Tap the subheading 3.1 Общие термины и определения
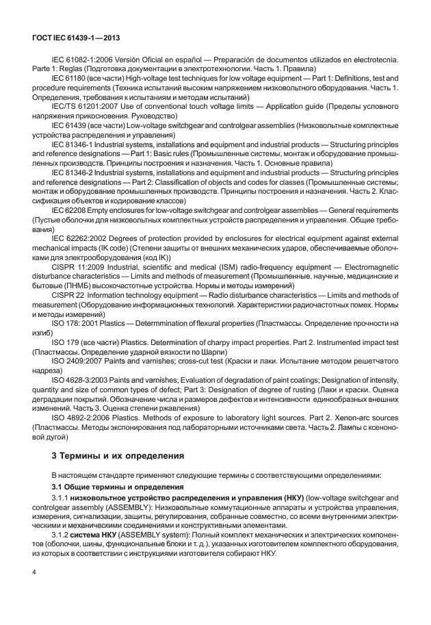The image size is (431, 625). tap(109, 486)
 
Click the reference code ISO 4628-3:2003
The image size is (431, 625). tap(80, 379)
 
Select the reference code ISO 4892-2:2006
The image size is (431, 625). tap(80, 416)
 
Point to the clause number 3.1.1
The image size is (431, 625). tap(61, 498)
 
